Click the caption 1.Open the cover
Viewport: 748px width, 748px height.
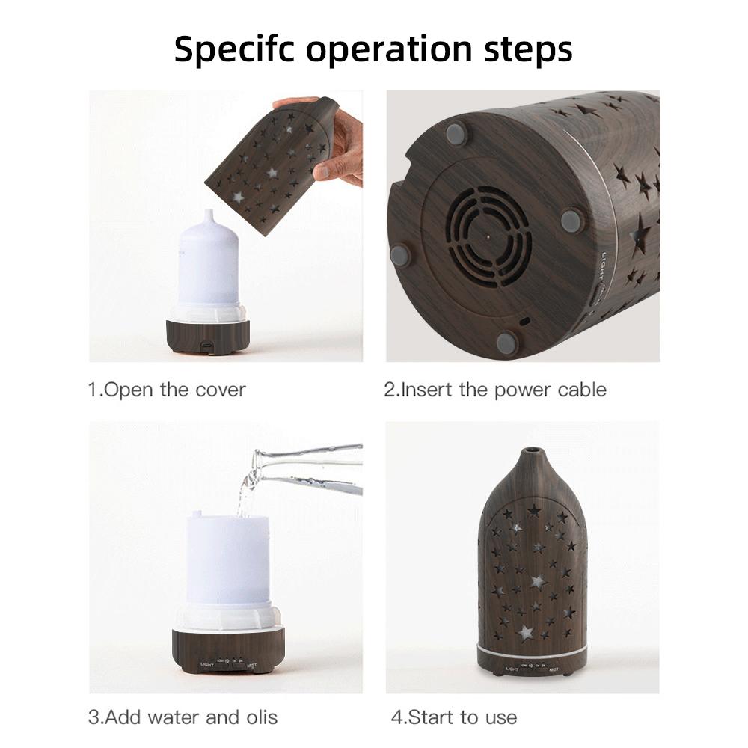click(167, 390)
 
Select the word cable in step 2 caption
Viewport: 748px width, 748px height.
click(577, 390)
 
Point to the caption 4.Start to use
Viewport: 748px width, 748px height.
click(453, 717)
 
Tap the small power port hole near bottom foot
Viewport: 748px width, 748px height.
click(524, 320)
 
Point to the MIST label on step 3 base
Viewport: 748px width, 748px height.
click(260, 663)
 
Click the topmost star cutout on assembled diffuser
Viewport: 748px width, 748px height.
click(533, 510)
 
